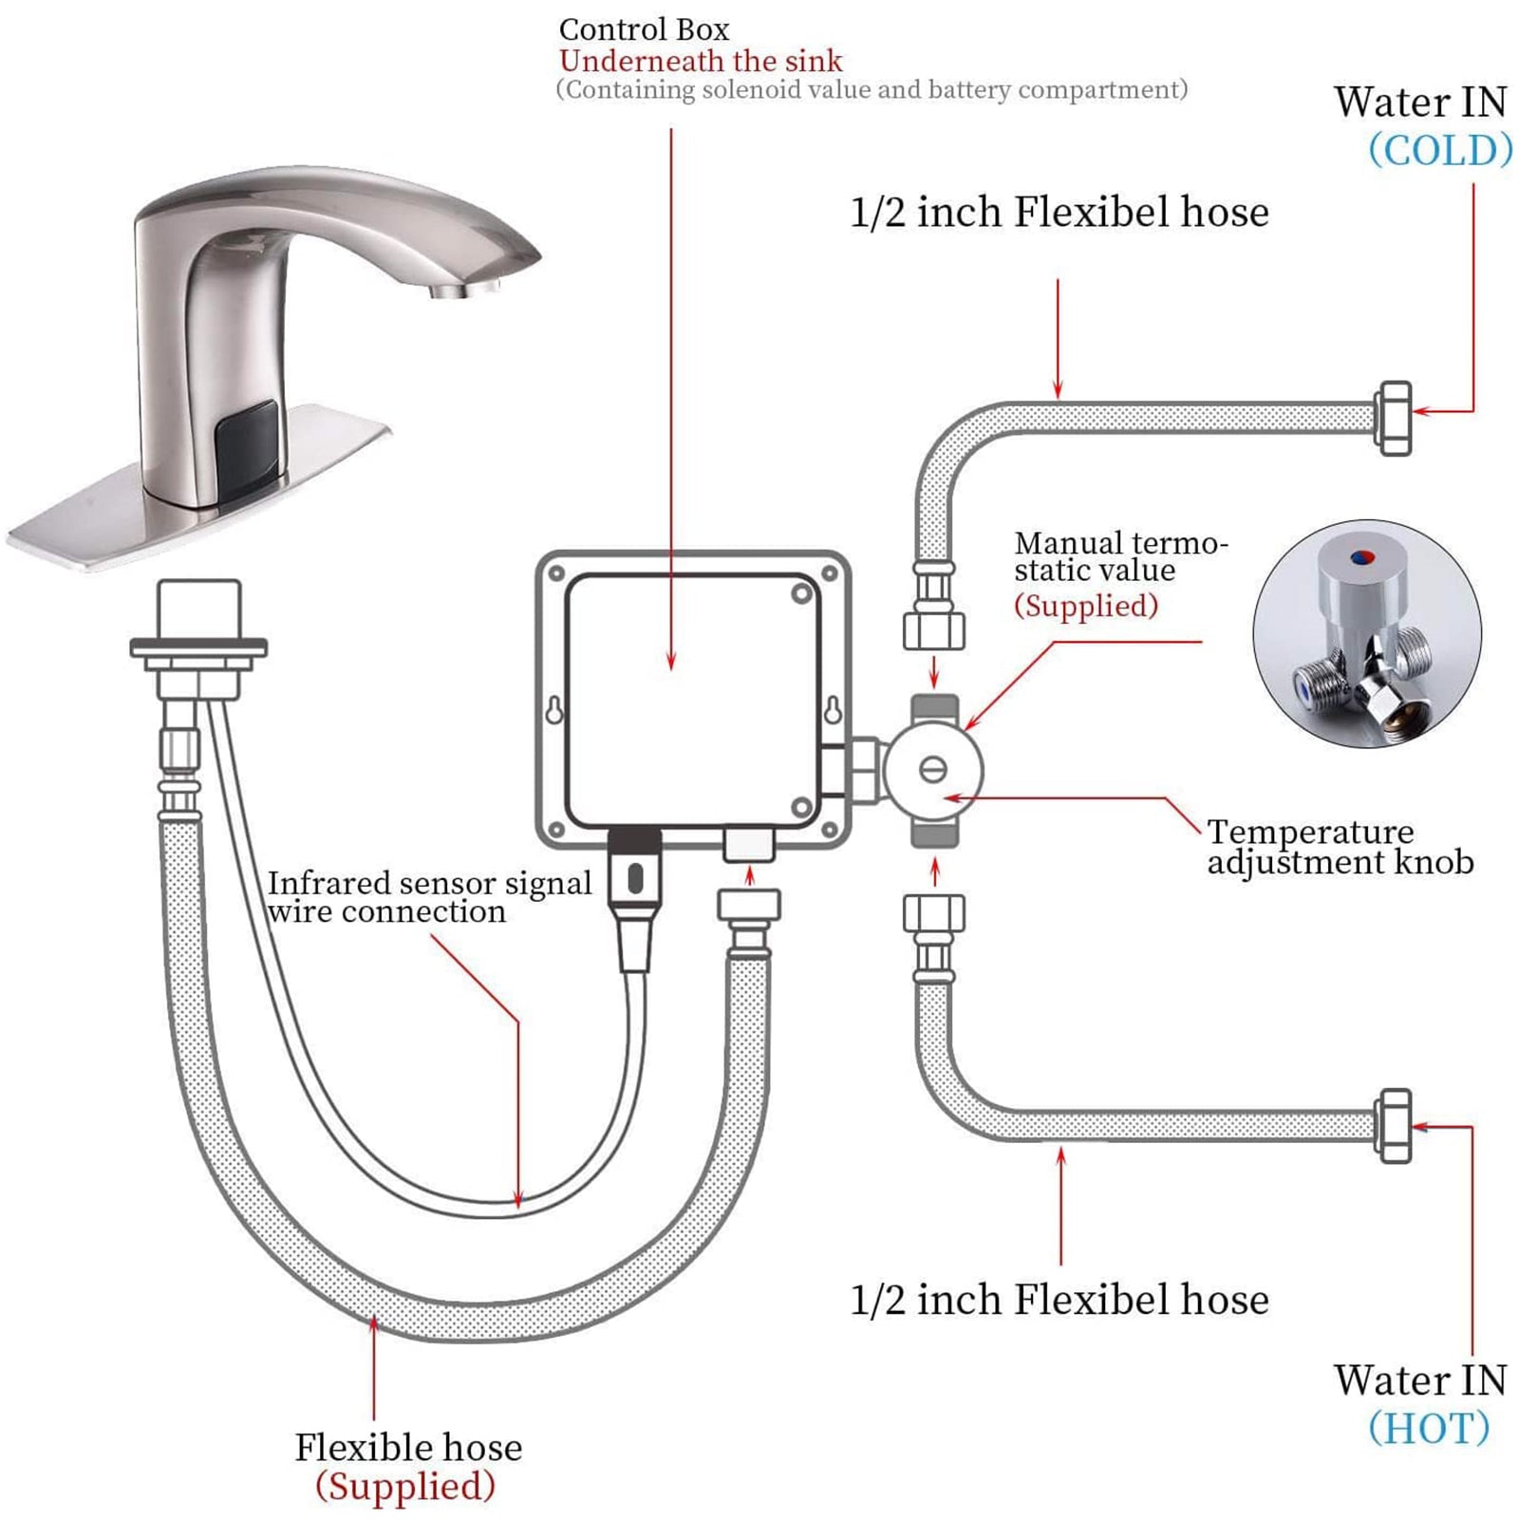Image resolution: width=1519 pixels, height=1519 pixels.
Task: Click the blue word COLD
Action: (1440, 150)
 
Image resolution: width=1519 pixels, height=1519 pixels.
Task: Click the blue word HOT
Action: (1429, 1428)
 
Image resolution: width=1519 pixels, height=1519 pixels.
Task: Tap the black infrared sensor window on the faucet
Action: (247, 439)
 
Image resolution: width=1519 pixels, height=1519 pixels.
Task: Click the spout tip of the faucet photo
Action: (465, 288)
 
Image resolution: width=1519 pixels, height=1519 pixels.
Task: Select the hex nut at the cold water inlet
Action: (1393, 418)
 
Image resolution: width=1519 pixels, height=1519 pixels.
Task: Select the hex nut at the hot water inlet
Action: (1393, 1125)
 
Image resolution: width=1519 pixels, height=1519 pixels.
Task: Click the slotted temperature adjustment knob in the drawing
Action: (933, 769)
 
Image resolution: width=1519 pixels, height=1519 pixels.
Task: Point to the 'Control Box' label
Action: (644, 29)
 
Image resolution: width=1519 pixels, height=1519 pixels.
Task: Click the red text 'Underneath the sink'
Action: (701, 61)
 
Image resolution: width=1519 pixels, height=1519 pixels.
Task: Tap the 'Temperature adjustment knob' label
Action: (1339, 847)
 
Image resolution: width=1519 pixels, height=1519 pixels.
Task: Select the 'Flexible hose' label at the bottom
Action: (408, 1448)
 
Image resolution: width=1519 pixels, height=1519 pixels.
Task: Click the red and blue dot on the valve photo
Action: (1361, 557)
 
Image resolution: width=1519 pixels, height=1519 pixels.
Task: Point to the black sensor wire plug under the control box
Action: (635, 878)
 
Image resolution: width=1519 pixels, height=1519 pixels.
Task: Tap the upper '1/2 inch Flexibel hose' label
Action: (1059, 212)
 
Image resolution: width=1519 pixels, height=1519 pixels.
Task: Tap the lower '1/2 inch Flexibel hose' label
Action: (1059, 1300)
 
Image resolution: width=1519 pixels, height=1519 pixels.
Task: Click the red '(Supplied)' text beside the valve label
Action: (1086, 605)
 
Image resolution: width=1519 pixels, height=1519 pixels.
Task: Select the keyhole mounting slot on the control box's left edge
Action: (555, 709)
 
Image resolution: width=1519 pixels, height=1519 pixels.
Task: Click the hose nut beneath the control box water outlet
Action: (749, 906)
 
